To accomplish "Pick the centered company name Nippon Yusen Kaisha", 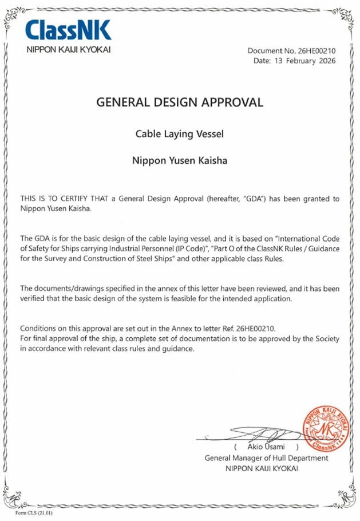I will click(180, 161).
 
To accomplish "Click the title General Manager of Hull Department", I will click(266, 458).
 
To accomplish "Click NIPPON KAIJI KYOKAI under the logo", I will click(68, 50).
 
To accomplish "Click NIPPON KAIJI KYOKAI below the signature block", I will click(266, 468).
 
